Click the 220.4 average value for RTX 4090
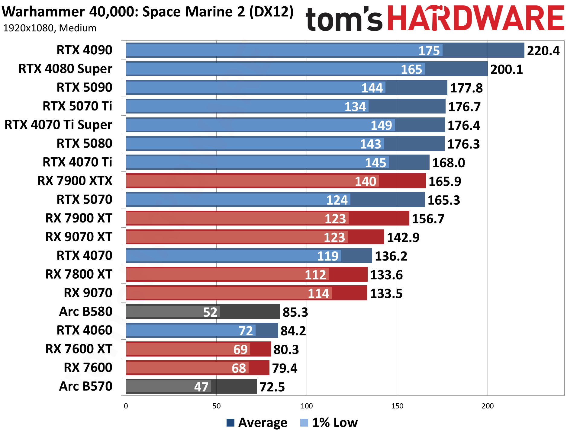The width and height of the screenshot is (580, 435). coord(543,51)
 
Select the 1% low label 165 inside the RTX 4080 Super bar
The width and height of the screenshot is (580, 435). coord(411,69)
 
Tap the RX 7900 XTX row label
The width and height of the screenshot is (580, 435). coord(75,181)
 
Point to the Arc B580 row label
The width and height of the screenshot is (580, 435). coord(85,312)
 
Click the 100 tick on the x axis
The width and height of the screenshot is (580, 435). coord(307,406)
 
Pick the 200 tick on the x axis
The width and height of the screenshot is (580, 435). coord(487,406)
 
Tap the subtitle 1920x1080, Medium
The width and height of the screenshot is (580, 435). coord(50,28)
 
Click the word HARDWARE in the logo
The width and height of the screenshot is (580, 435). coord(475,19)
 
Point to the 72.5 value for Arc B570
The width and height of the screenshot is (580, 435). coord(272,387)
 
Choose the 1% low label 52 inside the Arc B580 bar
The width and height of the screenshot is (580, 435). coord(210,312)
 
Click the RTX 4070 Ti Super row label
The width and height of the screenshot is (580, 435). coord(58,125)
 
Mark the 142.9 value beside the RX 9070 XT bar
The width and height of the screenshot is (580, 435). coord(403,238)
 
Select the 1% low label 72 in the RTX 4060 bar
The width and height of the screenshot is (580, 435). coord(246,331)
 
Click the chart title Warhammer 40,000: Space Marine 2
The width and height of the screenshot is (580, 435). coord(147,12)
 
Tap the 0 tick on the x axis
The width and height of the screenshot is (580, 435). coord(126,406)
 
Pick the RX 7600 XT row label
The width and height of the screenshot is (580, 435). coord(79,349)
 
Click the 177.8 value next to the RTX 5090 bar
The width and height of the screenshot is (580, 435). coord(466,88)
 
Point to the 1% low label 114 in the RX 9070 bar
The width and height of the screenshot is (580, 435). coord(318,293)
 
